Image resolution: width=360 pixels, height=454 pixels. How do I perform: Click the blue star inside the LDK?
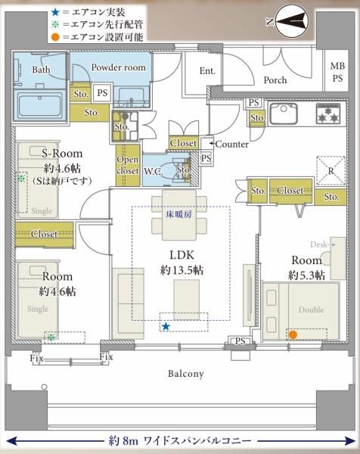point(166,327)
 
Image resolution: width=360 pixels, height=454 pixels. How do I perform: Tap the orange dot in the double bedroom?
point(293,334)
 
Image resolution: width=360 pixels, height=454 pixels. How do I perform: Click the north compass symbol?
point(291,21)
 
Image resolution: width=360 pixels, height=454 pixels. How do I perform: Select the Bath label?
point(41,70)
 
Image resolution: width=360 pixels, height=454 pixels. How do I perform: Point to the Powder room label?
point(118,67)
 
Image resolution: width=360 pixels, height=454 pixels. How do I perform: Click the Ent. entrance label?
point(207,70)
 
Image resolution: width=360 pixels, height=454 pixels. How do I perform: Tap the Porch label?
point(275,80)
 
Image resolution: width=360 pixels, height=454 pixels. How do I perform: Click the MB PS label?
point(337,72)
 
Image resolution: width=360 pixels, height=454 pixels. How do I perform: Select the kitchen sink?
point(284,113)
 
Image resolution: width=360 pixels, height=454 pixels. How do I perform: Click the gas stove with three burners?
point(328,113)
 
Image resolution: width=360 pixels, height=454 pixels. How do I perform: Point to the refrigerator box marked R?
point(331,170)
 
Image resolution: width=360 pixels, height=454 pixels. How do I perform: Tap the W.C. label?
point(153,172)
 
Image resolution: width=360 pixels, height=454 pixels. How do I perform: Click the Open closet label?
point(128,165)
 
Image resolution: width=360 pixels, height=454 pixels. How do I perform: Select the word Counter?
point(231,145)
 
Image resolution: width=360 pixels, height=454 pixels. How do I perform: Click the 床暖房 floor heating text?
point(179,215)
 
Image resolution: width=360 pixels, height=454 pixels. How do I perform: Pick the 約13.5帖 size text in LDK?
point(182,270)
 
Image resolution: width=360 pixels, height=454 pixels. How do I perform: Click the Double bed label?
point(311,309)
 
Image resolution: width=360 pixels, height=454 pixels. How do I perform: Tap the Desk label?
point(318,244)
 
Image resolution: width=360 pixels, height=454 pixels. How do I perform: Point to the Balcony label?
point(186,374)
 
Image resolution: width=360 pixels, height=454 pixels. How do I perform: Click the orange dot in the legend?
point(56,37)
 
